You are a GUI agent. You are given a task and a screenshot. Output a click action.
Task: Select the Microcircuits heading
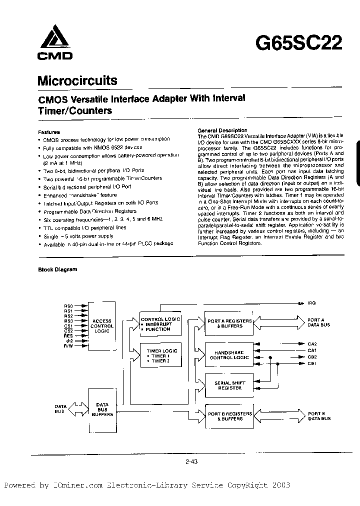(x=77, y=80)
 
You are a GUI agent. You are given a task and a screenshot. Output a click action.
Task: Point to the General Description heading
(x=222, y=130)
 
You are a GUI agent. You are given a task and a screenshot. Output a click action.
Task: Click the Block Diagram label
(x=58, y=269)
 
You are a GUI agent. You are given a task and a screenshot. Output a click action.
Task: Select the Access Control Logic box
(x=102, y=325)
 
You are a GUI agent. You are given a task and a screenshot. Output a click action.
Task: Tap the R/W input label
(x=68, y=346)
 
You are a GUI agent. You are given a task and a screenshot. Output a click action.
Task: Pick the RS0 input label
(x=68, y=305)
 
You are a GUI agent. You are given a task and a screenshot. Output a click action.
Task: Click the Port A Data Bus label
(x=318, y=322)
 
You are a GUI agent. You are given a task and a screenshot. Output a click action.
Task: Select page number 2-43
(x=192, y=462)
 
